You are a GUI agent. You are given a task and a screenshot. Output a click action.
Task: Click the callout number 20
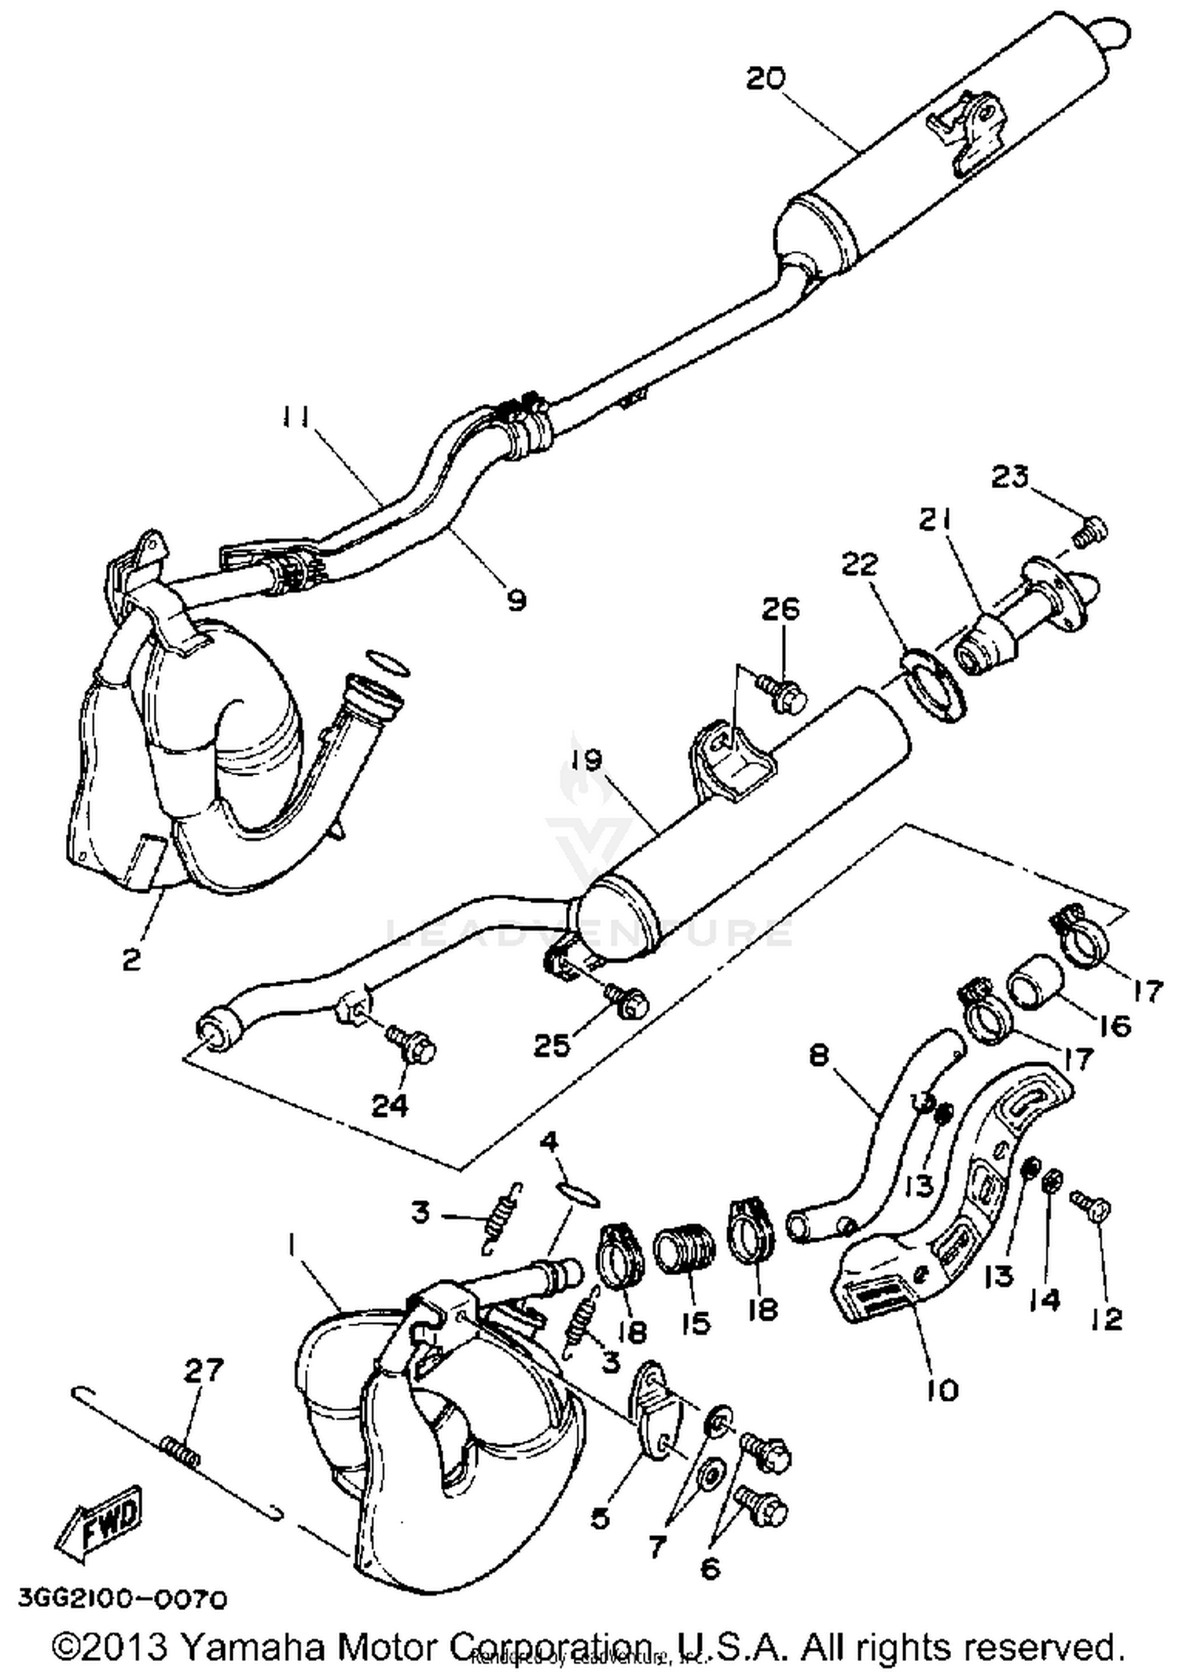[x=765, y=79]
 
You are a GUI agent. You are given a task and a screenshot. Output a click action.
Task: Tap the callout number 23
[x=1009, y=476]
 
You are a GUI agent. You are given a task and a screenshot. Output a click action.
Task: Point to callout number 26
[x=780, y=609]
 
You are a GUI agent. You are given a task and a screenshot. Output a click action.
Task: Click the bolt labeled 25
[x=626, y=1000]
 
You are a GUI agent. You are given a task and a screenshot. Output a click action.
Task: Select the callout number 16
[x=1115, y=1025]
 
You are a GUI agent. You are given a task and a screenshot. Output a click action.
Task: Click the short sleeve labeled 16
[x=1035, y=980]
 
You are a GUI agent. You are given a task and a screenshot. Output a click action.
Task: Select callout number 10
[x=943, y=1390]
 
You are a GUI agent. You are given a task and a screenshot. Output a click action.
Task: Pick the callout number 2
[x=131, y=959]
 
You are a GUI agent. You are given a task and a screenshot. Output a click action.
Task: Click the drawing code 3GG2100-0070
[x=123, y=1598]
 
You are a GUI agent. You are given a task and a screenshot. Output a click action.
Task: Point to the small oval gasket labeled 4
[x=580, y=1193]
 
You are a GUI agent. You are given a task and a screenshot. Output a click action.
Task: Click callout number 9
[x=516, y=601]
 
